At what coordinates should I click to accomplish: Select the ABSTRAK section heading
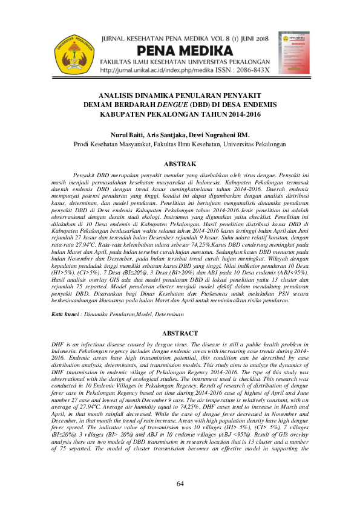180,164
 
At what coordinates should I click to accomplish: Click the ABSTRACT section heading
180,334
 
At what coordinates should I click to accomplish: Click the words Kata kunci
65,314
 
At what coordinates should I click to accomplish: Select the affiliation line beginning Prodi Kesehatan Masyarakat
180,144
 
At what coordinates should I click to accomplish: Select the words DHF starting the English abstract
59,343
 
